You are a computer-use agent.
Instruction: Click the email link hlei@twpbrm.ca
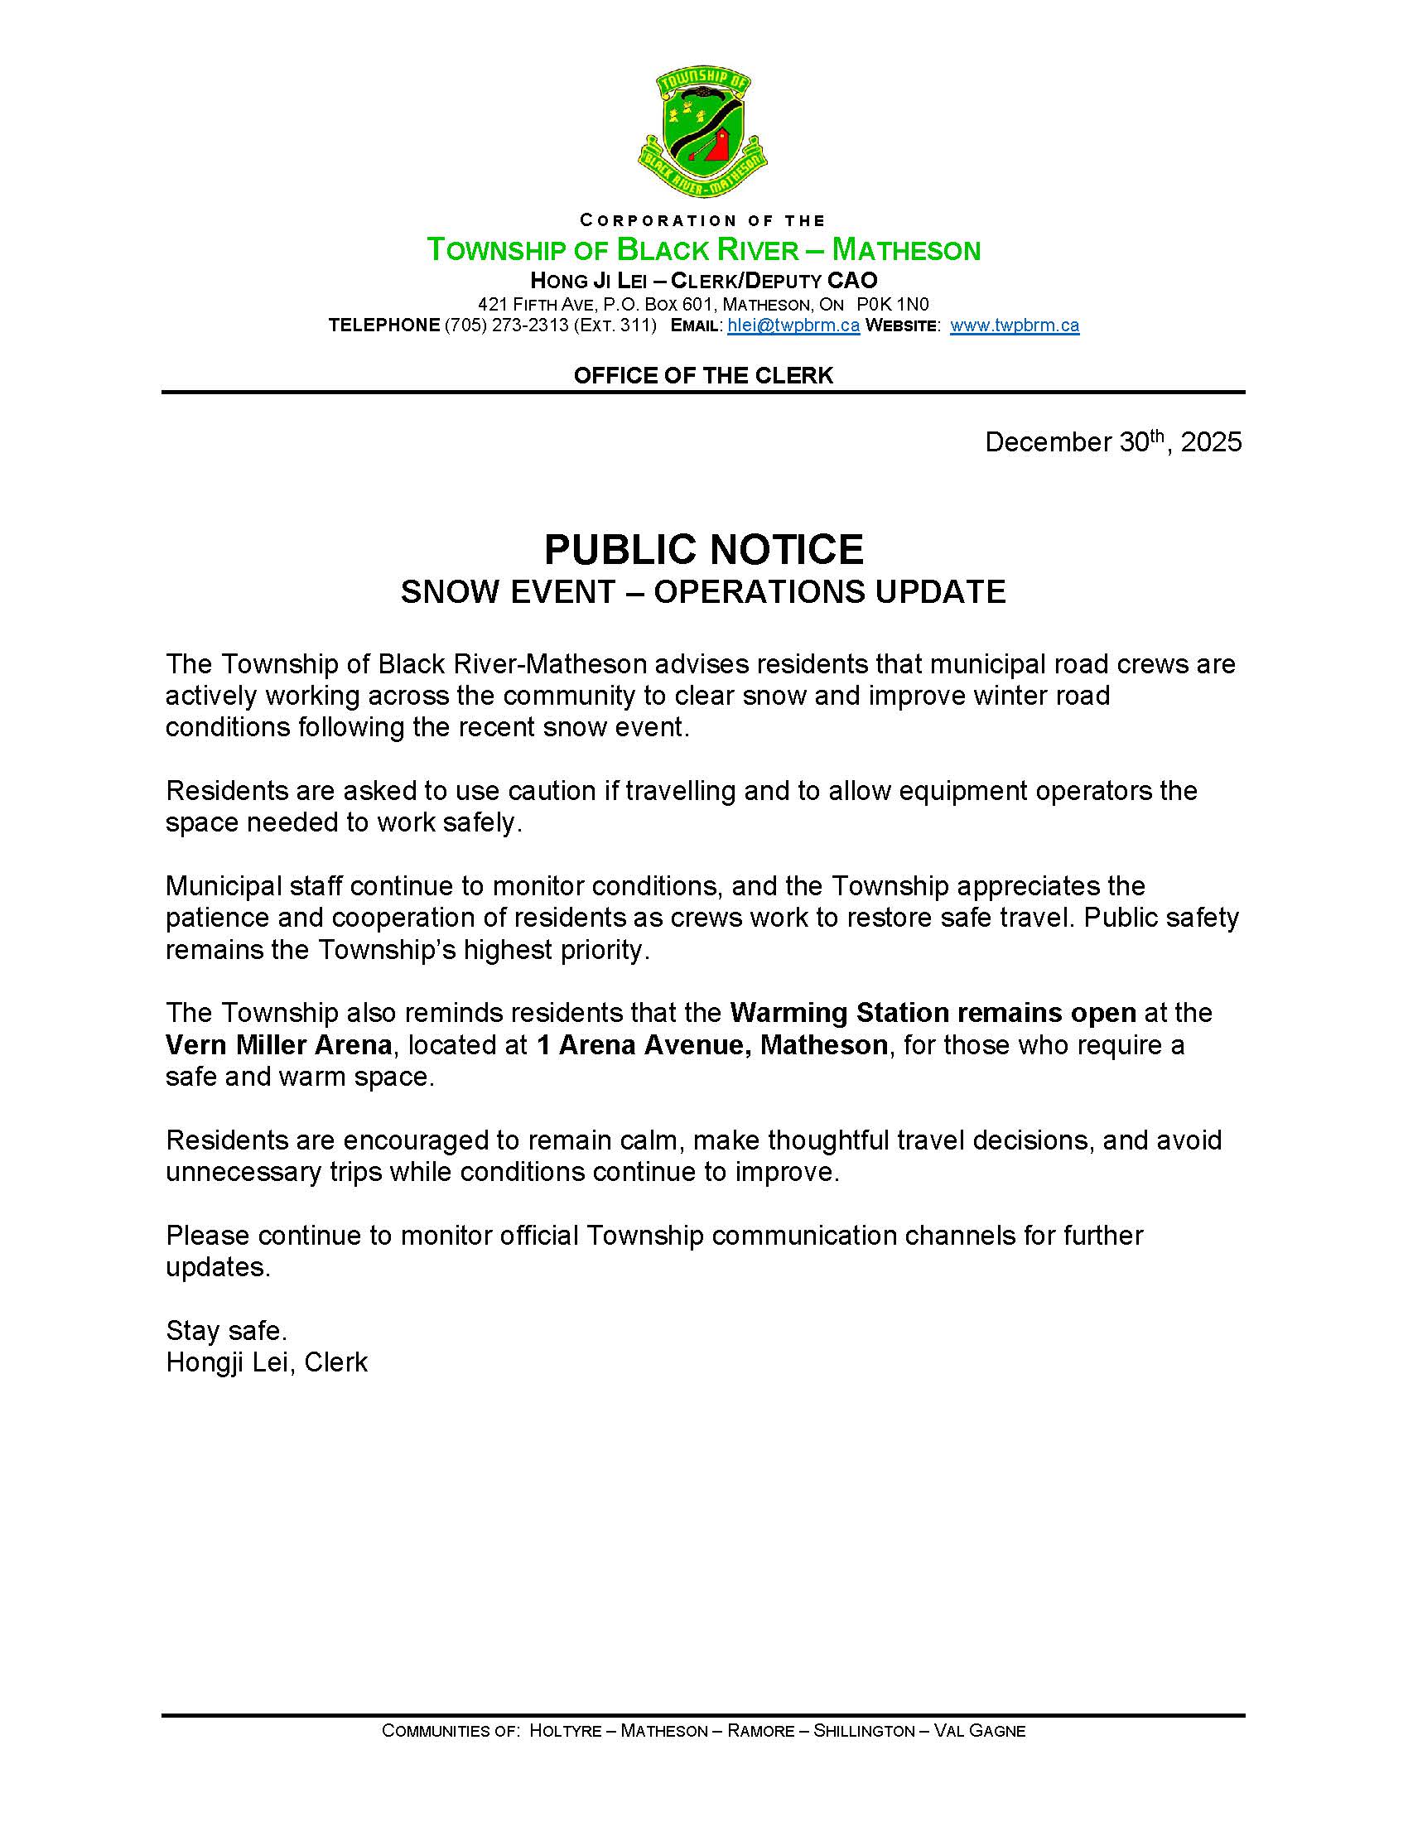pyautogui.click(x=793, y=325)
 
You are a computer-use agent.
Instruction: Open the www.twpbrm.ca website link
pyautogui.click(x=1015, y=325)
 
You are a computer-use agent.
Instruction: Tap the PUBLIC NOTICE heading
pyautogui.click(x=703, y=549)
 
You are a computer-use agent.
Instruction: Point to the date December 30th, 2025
pyautogui.click(x=1112, y=441)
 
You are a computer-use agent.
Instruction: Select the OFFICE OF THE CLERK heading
pyautogui.click(x=703, y=375)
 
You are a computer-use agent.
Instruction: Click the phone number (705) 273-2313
pyautogui.click(x=506, y=325)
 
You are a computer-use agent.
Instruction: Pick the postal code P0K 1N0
pyautogui.click(x=893, y=304)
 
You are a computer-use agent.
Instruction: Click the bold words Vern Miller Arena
pyautogui.click(x=278, y=1044)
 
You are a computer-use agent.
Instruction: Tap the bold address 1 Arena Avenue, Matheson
pyautogui.click(x=711, y=1044)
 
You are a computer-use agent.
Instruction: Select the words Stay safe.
pyautogui.click(x=226, y=1330)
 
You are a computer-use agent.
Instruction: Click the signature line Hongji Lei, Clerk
pyautogui.click(x=267, y=1362)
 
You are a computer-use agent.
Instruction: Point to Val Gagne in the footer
pyautogui.click(x=979, y=1731)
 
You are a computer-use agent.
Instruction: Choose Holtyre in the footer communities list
pyautogui.click(x=566, y=1731)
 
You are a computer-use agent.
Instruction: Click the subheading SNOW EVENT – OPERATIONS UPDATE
pyautogui.click(x=703, y=591)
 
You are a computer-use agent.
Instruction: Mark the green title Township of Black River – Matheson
pyautogui.click(x=703, y=249)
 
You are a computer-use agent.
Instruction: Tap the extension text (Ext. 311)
pyautogui.click(x=615, y=325)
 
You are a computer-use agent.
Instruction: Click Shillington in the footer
pyautogui.click(x=864, y=1731)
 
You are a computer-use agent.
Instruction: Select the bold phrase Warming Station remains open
pyautogui.click(x=933, y=1013)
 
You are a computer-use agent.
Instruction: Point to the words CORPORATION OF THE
pyautogui.click(x=703, y=220)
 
